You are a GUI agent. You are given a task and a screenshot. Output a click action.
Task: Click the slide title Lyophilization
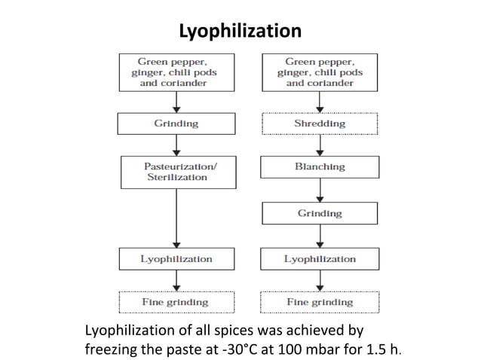[240, 31]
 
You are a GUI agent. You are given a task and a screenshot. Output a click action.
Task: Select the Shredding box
[320, 124]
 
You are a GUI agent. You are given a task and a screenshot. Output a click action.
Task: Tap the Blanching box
[320, 167]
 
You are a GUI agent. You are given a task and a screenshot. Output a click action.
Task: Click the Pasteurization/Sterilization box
[179, 172]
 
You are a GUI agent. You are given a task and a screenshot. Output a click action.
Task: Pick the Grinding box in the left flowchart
[176, 124]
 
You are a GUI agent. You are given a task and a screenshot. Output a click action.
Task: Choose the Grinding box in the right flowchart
[320, 213]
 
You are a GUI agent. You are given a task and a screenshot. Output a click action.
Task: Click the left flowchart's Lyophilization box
[176, 259]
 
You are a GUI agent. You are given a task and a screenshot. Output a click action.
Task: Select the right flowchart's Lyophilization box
[320, 259]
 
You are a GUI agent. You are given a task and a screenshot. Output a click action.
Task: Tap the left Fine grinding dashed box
[176, 302]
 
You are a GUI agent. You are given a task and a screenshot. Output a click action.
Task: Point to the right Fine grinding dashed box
[320, 302]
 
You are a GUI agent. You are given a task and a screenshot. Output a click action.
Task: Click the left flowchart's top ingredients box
[176, 72]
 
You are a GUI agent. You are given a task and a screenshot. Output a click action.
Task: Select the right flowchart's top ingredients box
[320, 72]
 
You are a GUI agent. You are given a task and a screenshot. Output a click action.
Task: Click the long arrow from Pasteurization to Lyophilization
[176, 218]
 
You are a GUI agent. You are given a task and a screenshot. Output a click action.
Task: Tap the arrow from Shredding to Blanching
[320, 145]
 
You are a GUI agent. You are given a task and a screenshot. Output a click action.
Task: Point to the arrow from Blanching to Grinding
[320, 191]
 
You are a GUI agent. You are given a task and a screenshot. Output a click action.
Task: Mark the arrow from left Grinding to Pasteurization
[176, 145]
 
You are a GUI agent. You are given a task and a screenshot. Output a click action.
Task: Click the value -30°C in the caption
[237, 349]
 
